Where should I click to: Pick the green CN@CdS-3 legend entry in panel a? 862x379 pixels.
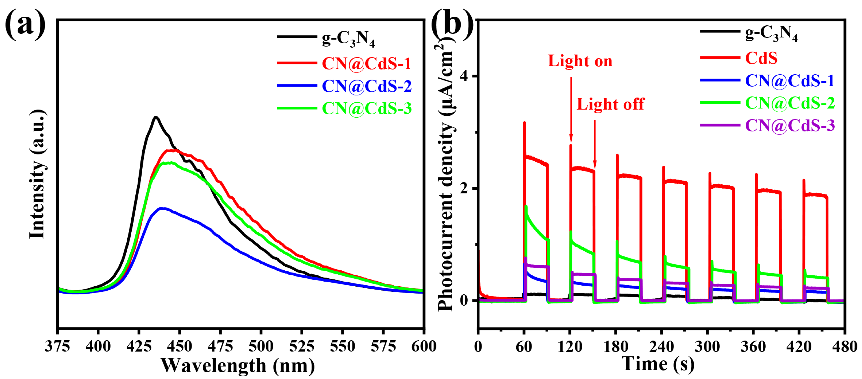tap(367, 108)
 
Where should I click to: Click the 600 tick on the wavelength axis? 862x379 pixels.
tap(424, 346)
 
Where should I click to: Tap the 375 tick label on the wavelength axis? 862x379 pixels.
tap(58, 346)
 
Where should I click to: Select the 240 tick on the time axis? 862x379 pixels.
tap(662, 346)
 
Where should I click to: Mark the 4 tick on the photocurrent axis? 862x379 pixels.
tap(464, 76)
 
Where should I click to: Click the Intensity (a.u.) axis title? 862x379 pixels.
tap(37, 174)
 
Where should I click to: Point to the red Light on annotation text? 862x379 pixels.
tap(580, 61)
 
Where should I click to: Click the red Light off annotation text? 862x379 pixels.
tap(610, 104)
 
